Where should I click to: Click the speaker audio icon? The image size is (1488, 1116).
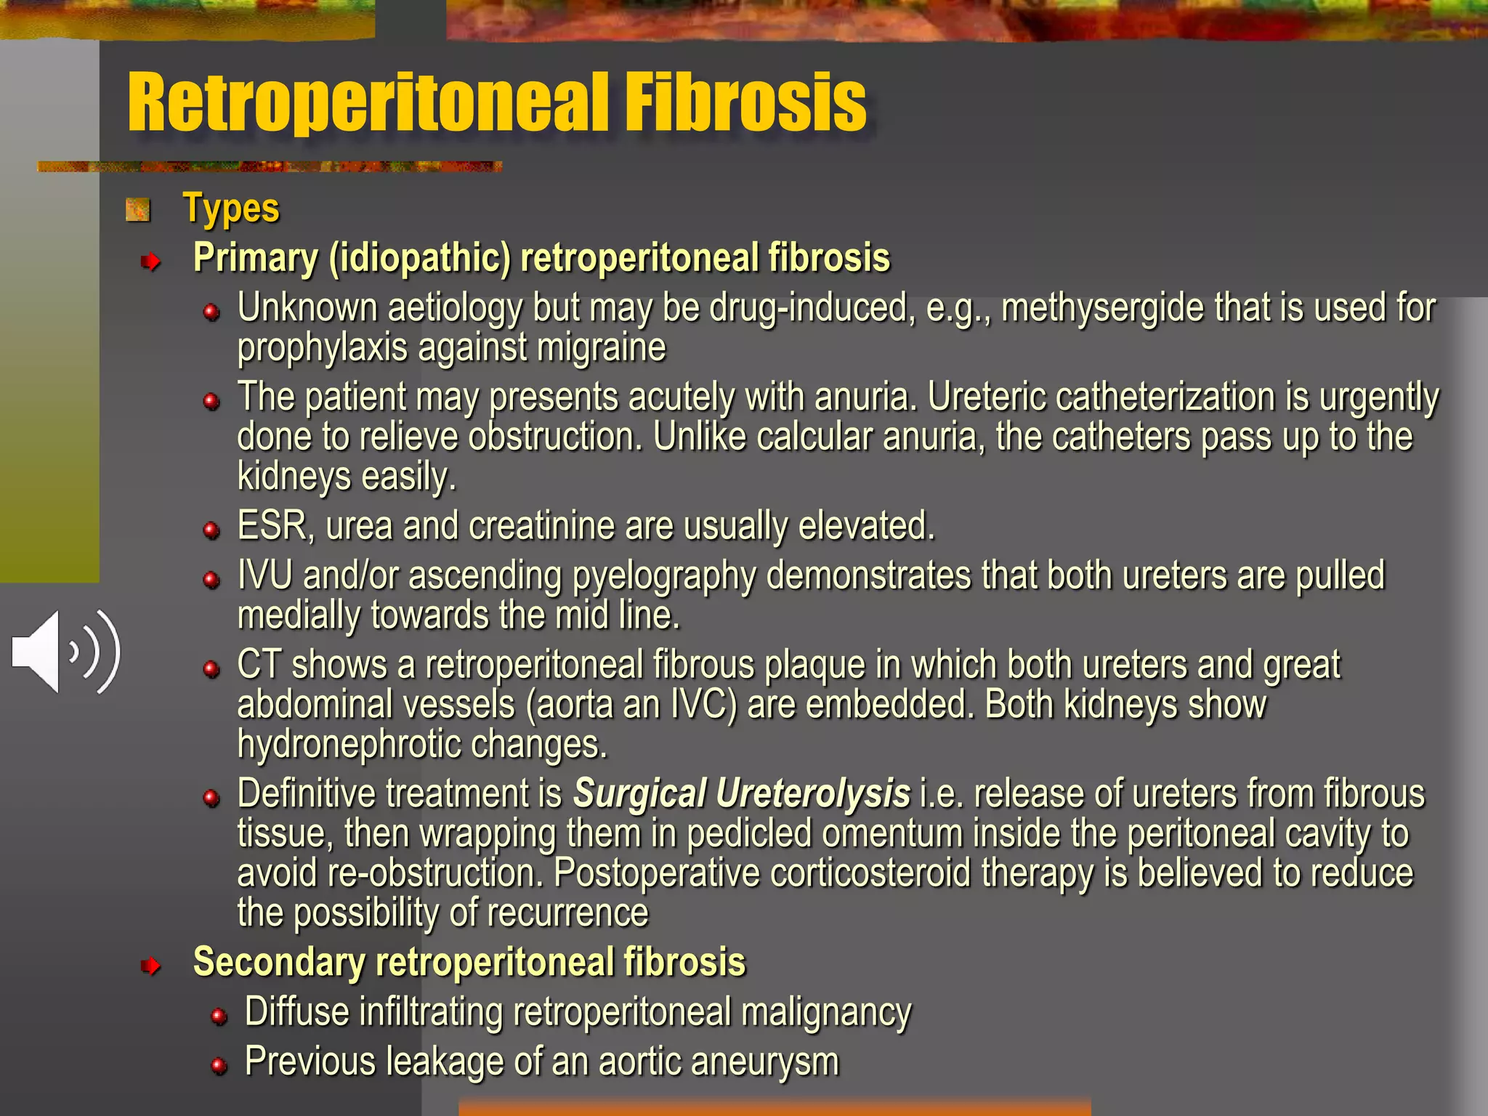65,652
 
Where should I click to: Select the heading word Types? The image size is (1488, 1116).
231,209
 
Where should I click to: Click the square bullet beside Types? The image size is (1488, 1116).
137,211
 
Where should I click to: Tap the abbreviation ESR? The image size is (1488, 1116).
272,526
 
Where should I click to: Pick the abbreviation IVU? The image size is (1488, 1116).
264,576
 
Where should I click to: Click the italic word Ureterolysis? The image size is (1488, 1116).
813,793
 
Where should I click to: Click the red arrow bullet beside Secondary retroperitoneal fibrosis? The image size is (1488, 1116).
150,966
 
